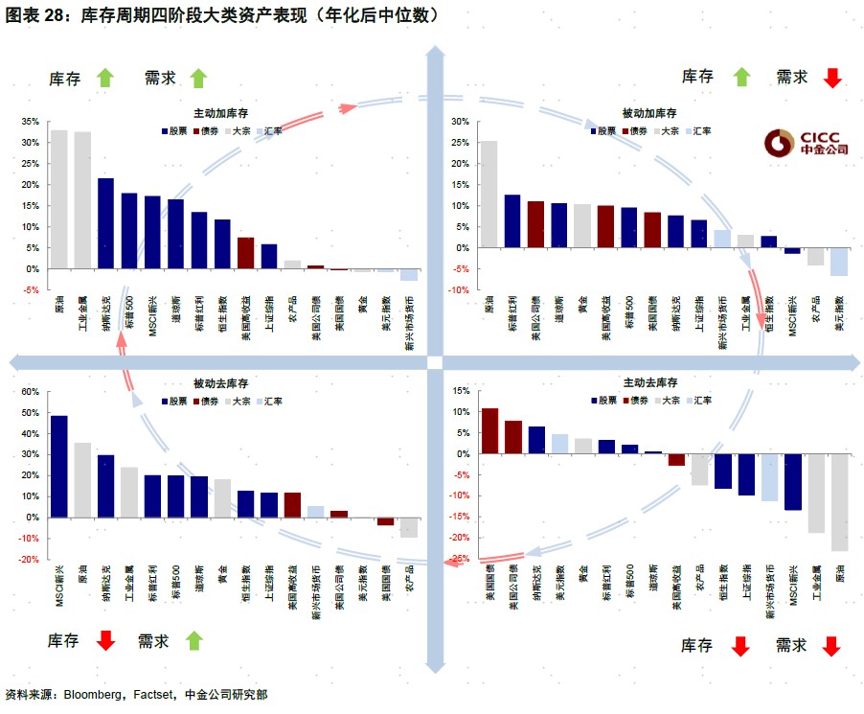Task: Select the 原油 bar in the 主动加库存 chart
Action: click(x=59, y=199)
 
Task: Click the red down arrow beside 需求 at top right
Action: click(x=831, y=78)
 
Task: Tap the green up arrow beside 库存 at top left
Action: click(x=104, y=79)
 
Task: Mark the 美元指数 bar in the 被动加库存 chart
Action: click(x=839, y=262)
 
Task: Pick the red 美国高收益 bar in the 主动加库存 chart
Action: click(x=245, y=253)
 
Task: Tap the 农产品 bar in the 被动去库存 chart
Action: click(x=408, y=527)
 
